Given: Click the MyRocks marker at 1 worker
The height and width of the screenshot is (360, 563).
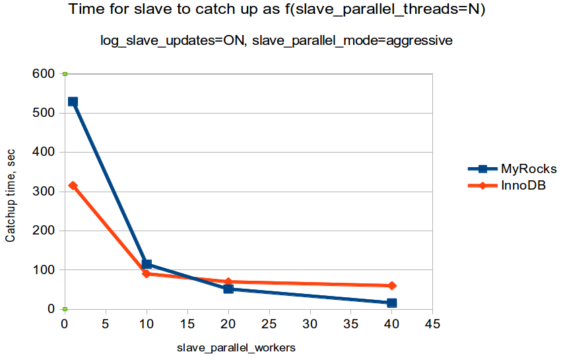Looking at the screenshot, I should (x=73, y=102).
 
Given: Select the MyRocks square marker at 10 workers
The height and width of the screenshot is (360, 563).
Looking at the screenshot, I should (x=147, y=264).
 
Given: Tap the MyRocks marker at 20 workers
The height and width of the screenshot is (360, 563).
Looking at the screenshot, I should (x=228, y=289).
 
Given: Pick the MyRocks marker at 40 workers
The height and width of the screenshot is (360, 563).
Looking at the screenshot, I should (x=392, y=303).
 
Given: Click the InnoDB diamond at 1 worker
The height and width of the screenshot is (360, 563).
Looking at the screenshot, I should (x=73, y=186).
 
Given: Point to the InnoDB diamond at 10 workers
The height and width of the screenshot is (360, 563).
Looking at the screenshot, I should (x=147, y=273).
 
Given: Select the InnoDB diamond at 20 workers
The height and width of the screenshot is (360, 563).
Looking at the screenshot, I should (x=228, y=281).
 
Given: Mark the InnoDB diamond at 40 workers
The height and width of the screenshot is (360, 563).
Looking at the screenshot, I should (x=392, y=285).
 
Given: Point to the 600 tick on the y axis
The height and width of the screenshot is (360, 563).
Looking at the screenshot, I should (x=45, y=74).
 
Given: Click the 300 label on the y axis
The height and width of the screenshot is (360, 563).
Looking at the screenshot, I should (x=45, y=192).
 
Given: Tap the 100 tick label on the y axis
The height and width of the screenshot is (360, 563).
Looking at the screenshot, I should (x=45, y=270).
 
